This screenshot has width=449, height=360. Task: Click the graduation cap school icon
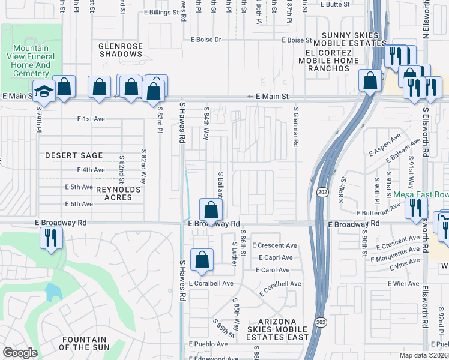(44, 91)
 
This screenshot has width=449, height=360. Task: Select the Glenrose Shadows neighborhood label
(121, 49)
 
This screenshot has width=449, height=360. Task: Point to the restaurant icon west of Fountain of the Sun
(51, 238)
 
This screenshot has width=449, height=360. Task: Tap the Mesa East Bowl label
(420, 195)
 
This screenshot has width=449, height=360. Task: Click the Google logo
(20, 353)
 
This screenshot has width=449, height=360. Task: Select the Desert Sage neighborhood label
(74, 155)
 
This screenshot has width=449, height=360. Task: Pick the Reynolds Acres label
(118, 190)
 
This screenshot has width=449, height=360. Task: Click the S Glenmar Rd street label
(296, 128)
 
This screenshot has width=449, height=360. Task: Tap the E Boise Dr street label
(206, 40)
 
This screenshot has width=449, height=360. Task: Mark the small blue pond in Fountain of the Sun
(53, 292)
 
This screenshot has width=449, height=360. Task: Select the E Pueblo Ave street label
(208, 344)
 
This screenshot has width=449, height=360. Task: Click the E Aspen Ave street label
(385, 146)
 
